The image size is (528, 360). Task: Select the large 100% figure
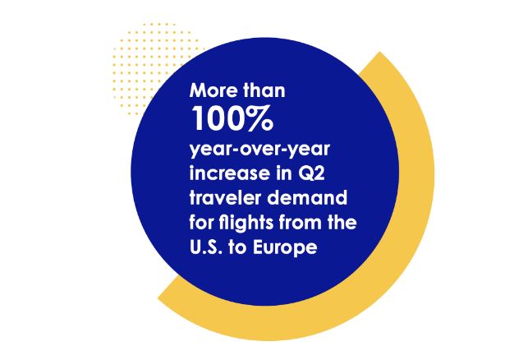[x=232, y=118]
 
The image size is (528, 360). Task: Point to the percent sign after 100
[x=260, y=118]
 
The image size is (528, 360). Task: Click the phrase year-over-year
[x=259, y=150]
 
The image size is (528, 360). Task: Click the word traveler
[x=226, y=197]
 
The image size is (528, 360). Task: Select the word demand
[x=307, y=197]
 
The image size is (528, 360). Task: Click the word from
[x=309, y=223]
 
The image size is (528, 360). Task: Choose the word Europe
[x=285, y=247]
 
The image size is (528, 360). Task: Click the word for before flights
[x=202, y=223]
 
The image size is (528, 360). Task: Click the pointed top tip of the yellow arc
[x=380, y=53]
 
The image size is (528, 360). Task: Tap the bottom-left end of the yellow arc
[x=158, y=298]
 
